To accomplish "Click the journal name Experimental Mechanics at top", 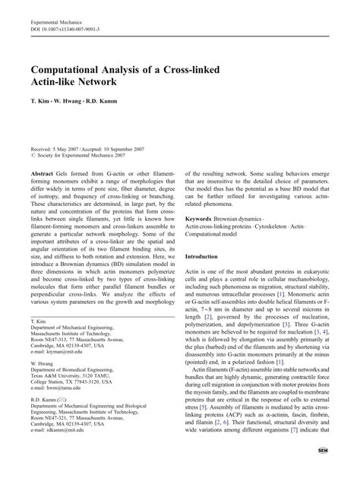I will pyautogui.click(x=57, y=24).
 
